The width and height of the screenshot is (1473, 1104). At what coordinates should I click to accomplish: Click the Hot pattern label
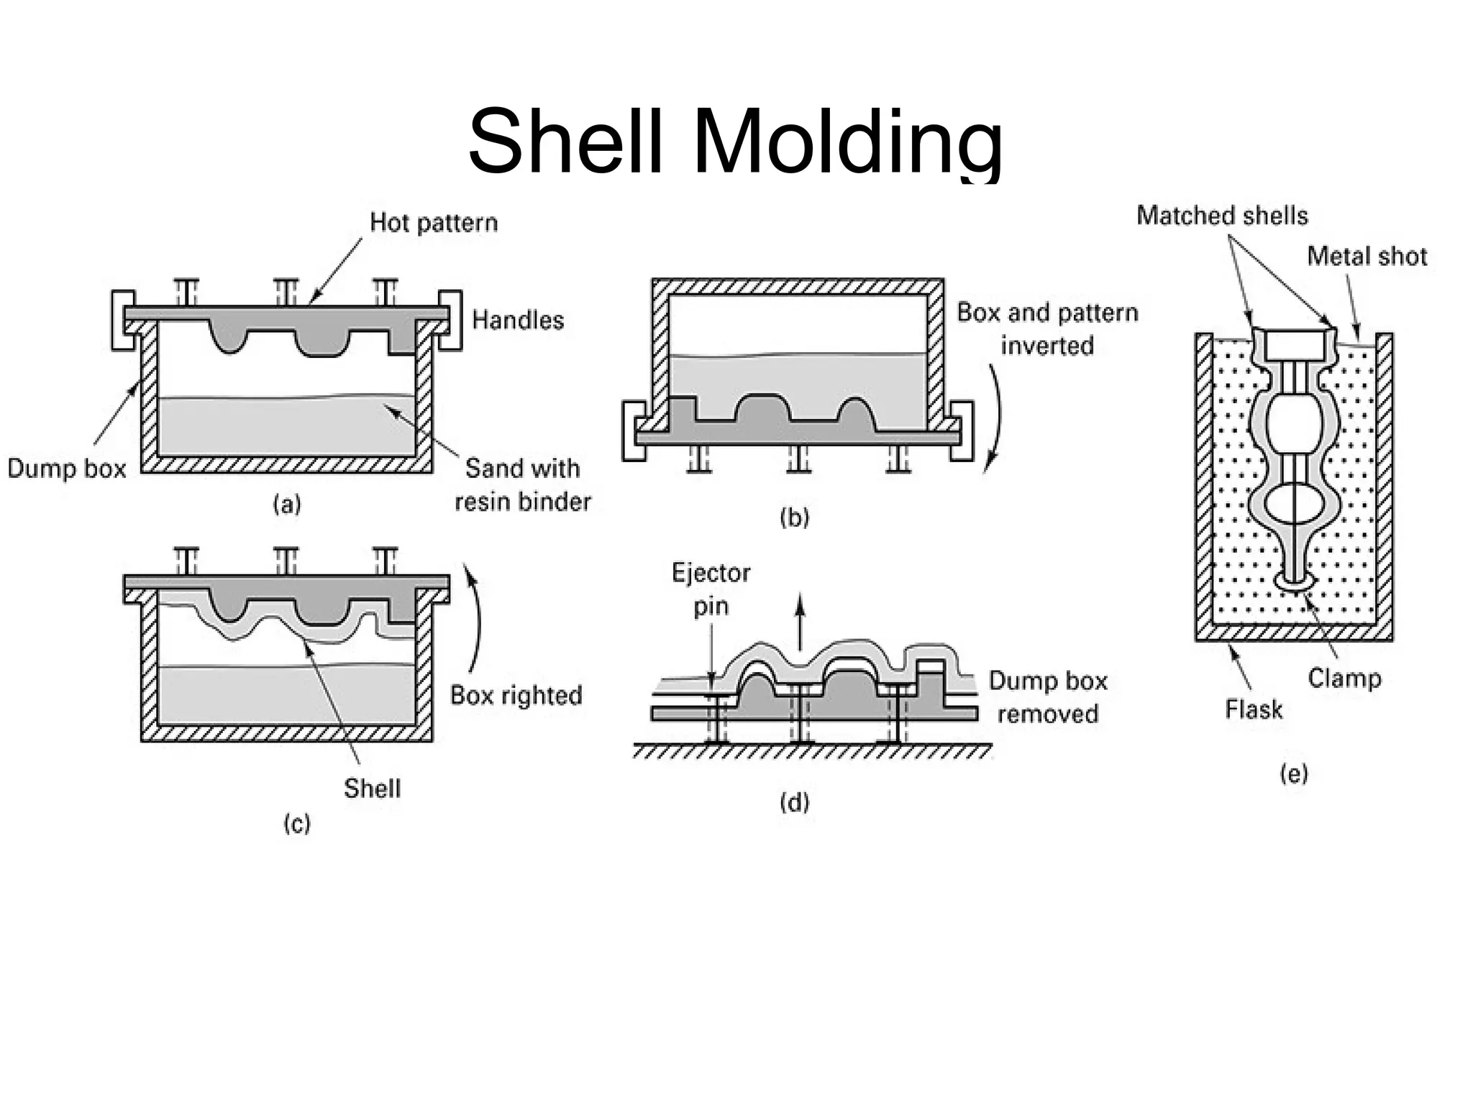[433, 223]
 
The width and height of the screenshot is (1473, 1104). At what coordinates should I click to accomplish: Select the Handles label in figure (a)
[518, 320]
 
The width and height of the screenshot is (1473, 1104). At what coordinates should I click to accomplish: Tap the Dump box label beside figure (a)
[66, 469]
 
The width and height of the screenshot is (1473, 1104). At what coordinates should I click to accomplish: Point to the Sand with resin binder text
[522, 485]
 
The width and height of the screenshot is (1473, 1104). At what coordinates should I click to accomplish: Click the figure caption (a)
[286, 505]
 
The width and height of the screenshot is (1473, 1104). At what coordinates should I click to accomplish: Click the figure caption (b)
[794, 517]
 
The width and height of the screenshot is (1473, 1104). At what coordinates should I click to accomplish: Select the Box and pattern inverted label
[1047, 329]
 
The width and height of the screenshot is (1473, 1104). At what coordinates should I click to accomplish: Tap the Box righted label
[516, 696]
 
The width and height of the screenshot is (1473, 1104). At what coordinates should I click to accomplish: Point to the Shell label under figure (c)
[372, 788]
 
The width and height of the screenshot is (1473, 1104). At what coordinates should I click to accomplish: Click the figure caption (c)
[296, 824]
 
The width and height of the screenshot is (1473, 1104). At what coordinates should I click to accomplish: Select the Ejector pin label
[711, 589]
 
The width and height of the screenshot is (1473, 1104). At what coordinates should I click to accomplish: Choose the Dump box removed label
[1047, 697]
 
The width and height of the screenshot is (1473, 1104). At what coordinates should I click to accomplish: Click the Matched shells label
[1222, 216]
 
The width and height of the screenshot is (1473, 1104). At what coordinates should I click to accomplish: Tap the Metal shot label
[1367, 257]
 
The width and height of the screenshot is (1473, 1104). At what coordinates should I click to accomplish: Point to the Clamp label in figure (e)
[1344, 678]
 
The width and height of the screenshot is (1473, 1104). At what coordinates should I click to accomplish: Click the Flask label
[1254, 710]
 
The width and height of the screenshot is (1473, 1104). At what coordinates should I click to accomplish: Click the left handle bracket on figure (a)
[122, 321]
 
